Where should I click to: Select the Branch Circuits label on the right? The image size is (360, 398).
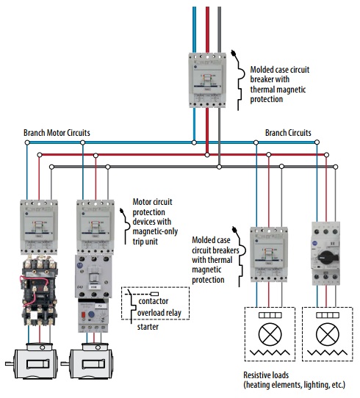pos(288,133)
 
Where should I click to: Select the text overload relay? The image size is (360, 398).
pos(160,314)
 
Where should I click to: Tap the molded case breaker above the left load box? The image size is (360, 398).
pos(267,253)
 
